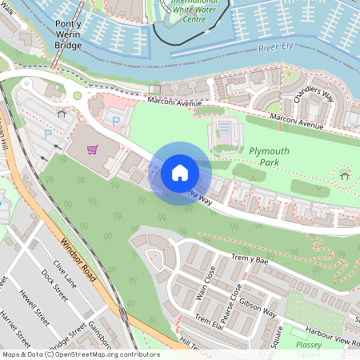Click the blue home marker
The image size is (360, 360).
tap(180, 172)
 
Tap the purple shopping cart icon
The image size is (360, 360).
tap(94, 149)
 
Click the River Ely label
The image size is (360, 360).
tap(277, 50)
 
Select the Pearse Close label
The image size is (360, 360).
tap(235, 296)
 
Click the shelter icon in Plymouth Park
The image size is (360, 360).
tap(345, 175)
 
